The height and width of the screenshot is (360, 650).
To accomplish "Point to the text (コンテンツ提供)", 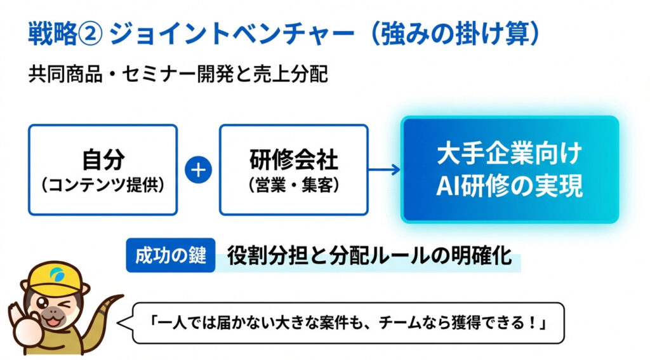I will (x=102, y=185).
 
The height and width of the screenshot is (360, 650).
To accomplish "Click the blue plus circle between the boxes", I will (x=199, y=170).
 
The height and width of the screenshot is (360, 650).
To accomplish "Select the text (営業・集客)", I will (x=293, y=185).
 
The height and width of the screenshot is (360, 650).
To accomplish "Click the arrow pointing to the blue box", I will (x=385, y=170).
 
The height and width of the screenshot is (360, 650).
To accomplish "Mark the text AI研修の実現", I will (x=510, y=186).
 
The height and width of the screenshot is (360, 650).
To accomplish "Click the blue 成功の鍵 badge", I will (x=171, y=255).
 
